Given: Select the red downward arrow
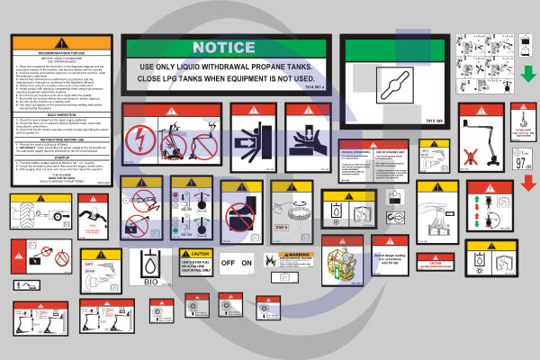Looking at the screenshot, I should pos(528,184).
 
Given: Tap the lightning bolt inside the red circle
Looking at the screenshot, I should pos(142,139).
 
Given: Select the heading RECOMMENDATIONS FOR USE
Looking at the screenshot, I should pos(59,56).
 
